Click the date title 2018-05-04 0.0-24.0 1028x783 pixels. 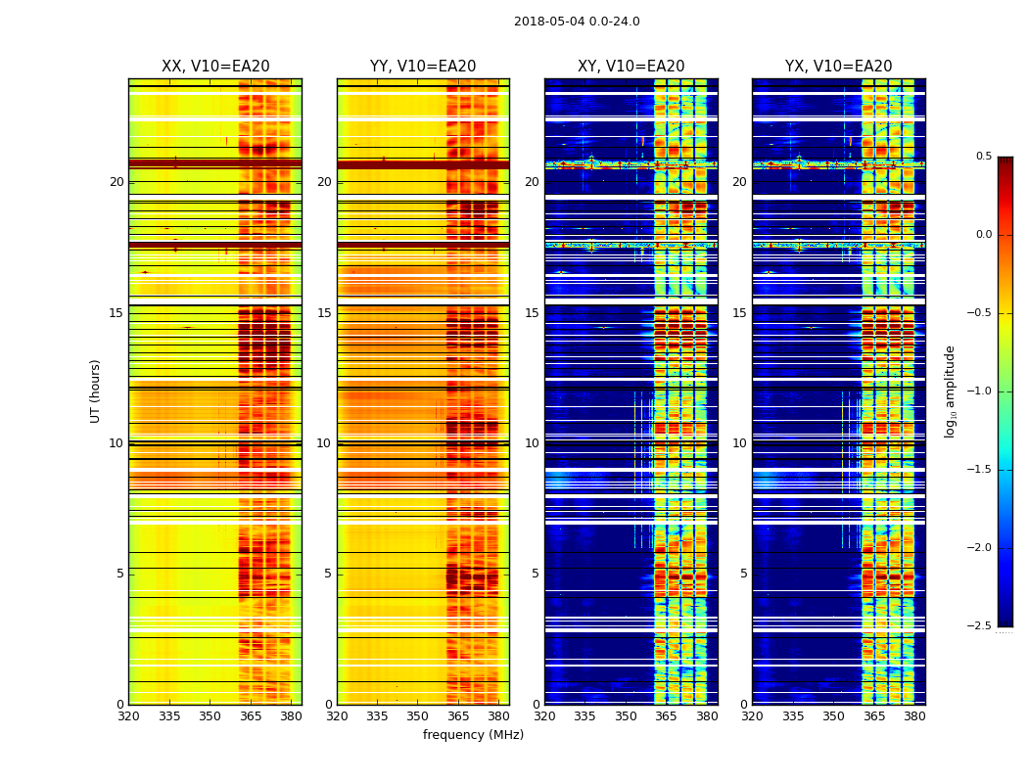coord(577,22)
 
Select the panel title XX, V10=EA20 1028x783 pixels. coord(215,67)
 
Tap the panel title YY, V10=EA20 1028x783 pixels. coord(423,67)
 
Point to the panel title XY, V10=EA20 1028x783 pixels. coord(631,67)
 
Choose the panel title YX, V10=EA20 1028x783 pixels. coord(839,67)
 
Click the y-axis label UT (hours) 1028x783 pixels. coord(96,391)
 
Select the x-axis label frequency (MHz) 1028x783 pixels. coord(473,735)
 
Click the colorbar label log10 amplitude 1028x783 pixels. coord(950,391)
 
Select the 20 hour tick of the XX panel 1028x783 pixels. coord(117,182)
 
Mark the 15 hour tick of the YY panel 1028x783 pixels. coord(325,313)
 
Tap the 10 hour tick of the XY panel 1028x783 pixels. coord(533,443)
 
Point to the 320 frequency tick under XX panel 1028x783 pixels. coord(128,715)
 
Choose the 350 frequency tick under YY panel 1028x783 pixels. coord(418,715)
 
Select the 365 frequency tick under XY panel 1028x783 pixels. coord(667,715)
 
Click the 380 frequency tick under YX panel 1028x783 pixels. coord(914,715)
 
